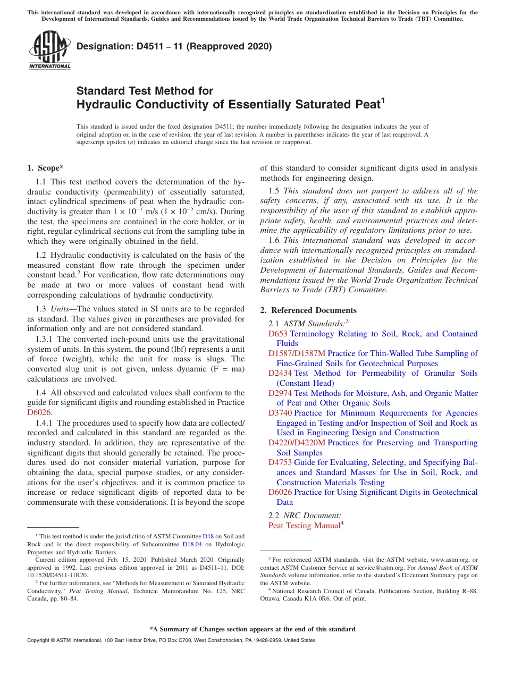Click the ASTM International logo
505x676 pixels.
click(49, 50)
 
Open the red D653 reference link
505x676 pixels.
click(277, 334)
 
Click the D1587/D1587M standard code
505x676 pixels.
click(297, 353)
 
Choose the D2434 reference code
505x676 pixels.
click(280, 373)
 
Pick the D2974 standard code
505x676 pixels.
click(280, 393)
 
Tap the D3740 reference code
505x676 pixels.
click(280, 413)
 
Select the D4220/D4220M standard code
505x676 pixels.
click(297, 443)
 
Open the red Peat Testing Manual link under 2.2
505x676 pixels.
click(304, 526)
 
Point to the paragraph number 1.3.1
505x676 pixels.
click(45, 339)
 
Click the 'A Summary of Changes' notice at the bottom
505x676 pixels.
click(252, 629)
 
